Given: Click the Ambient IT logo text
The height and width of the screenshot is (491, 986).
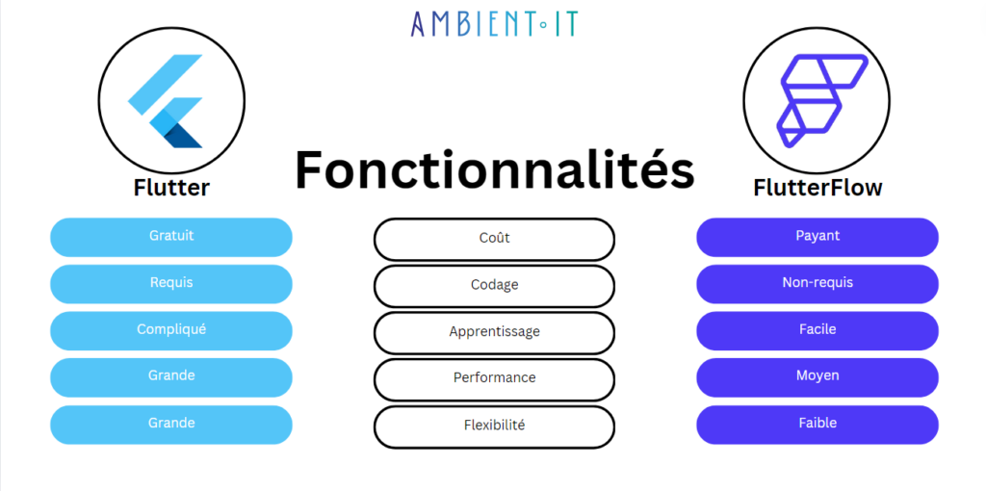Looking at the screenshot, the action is pos(494,23).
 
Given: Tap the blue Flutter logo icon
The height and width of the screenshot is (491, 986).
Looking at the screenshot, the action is pos(166,100).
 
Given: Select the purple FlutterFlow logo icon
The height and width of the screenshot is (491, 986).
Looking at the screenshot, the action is pos(822,100).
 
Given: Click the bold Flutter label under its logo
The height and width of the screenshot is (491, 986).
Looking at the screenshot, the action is pos(171,188).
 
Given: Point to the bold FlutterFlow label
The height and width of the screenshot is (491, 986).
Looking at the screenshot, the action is pos(817,188).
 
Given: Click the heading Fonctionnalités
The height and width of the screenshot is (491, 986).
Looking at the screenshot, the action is pos(494,169).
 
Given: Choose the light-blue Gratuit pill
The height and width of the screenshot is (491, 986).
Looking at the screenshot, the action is pos(171,237).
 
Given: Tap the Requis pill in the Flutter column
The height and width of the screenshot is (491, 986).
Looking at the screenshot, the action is pos(171,284).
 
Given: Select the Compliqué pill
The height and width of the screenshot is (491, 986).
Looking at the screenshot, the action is pos(171,330).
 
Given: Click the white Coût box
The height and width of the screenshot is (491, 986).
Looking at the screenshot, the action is pos(494,239).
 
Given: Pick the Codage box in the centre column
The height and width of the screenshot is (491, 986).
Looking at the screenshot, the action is pos(494,286).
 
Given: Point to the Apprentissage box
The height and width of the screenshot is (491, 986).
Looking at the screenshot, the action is pos(494,332).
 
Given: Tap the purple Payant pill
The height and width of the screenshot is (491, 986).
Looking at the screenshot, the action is pos(817,237).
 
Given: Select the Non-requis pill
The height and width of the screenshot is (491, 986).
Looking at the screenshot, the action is pos(817,284).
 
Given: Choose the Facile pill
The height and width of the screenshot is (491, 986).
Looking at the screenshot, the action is pos(817,330).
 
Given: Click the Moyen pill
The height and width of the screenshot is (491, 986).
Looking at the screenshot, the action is pos(817,377).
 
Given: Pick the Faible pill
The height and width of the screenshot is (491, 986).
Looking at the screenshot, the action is pos(817,425).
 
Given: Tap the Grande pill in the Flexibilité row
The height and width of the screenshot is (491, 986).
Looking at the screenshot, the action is pos(171,425).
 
